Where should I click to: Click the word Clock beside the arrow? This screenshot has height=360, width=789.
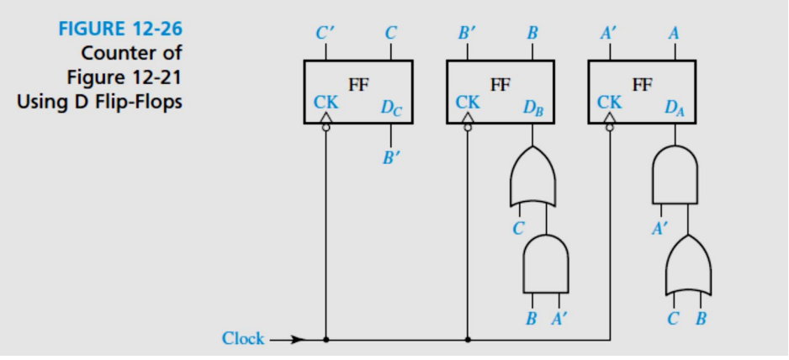click(x=242, y=339)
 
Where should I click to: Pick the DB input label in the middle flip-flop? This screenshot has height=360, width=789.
click(x=532, y=108)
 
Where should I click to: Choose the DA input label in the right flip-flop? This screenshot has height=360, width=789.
click(x=674, y=108)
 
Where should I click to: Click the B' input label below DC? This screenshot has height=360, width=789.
click(x=390, y=156)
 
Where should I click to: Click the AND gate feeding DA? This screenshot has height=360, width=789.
click(x=675, y=177)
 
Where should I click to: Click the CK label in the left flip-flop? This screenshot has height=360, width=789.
click(x=326, y=103)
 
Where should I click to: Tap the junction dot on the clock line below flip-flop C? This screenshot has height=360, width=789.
click(x=326, y=340)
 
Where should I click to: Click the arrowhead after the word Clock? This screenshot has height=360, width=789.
click(x=294, y=340)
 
